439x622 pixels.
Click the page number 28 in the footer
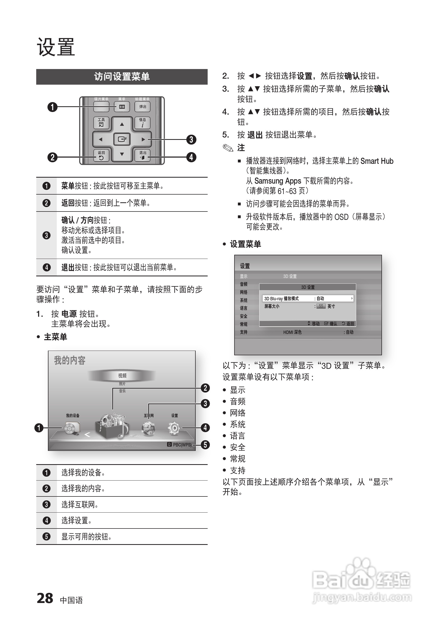pos(45,598)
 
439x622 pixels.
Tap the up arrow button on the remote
pos(122,124)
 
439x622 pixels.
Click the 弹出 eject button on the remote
pos(143,107)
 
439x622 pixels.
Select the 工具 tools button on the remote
pos(101,122)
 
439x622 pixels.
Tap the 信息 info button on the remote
pos(143,122)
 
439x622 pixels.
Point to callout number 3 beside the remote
pos(191,140)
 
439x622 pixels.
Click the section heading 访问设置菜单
pos(122,77)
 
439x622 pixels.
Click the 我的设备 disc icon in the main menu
pos(72,428)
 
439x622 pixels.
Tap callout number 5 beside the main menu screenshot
pos(205,445)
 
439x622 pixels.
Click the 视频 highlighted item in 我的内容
pos(122,376)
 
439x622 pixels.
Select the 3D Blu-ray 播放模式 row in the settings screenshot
pos(308,298)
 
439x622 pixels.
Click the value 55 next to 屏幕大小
pos(321,306)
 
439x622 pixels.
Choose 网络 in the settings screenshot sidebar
pos(244,292)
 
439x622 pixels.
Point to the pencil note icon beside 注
pos(228,148)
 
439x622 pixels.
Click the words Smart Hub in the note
pos(377,161)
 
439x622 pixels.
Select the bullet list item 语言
pos(238,436)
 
